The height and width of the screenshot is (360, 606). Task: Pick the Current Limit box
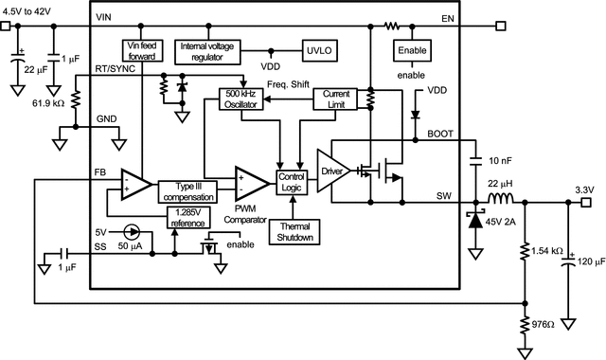[x=336, y=99]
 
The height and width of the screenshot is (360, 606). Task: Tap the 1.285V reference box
[x=187, y=217]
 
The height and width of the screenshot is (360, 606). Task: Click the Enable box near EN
[x=410, y=52]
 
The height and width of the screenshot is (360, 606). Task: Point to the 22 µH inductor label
[x=499, y=182]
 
